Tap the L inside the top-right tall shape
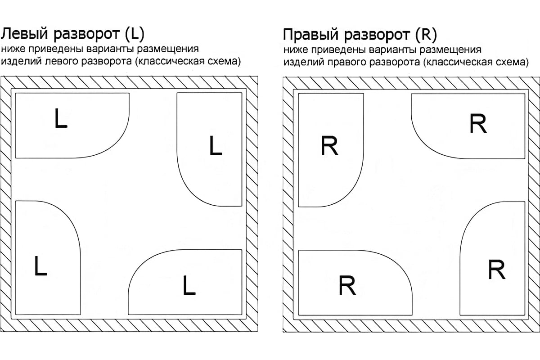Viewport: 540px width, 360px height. (x=216, y=146)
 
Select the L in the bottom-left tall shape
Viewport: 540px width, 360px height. (x=40, y=266)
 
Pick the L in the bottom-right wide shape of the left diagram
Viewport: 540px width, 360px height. (x=189, y=286)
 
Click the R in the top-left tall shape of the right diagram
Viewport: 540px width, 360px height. (x=330, y=147)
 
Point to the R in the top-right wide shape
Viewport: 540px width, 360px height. (x=478, y=124)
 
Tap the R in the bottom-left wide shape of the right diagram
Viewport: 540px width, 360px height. (x=347, y=286)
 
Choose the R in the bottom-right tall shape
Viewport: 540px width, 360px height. (x=497, y=270)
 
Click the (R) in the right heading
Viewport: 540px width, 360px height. (x=427, y=35)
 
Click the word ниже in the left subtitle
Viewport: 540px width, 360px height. (x=12, y=49)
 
